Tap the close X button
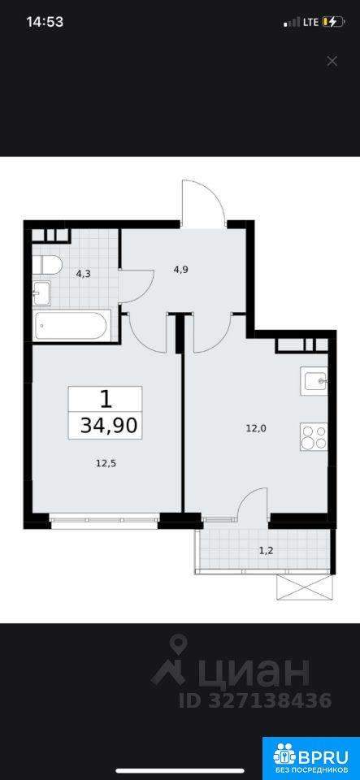(332, 61)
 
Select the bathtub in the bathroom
(71, 325)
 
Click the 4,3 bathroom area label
(83, 273)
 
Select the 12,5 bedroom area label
(106, 463)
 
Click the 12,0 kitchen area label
(256, 428)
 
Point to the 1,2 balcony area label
(267, 550)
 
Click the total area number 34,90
(108, 427)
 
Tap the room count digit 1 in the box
(105, 398)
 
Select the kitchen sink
(314, 381)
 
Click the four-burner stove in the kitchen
(314, 436)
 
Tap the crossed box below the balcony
(303, 588)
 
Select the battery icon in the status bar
(333, 22)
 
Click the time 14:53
(45, 22)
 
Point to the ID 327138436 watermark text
(255, 700)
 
